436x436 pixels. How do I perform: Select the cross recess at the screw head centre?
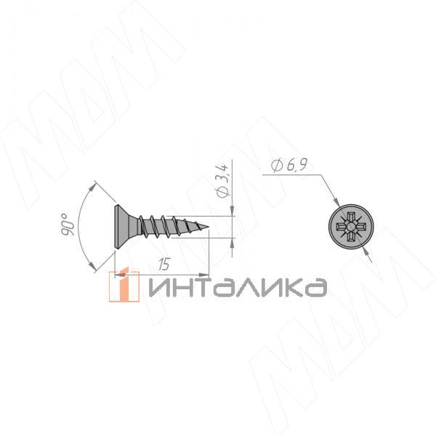[349, 227]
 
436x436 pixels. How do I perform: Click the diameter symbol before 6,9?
[275, 167]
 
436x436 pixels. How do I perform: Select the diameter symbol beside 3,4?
[223, 193]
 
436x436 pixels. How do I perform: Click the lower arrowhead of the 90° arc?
[94, 270]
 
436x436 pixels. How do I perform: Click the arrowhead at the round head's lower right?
[366, 250]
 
